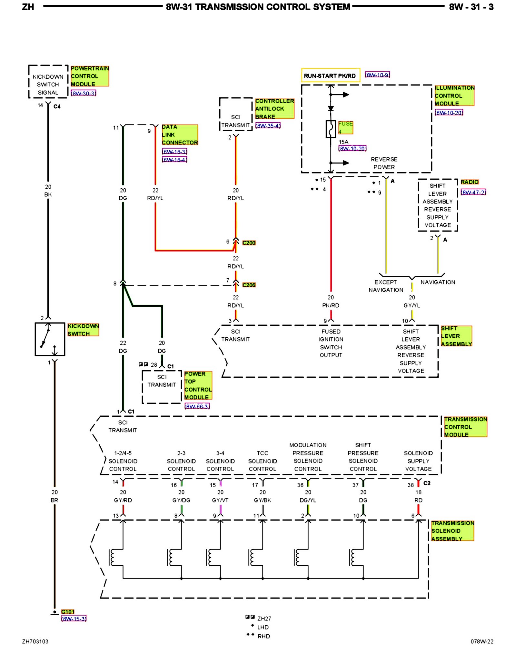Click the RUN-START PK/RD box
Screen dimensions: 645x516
point(330,75)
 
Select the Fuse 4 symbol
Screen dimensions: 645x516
point(331,129)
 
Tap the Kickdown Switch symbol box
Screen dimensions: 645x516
point(50,339)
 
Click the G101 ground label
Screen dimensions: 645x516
point(68,612)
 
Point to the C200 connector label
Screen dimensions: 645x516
point(249,243)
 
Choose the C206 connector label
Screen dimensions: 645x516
point(249,285)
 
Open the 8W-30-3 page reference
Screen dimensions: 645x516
point(84,93)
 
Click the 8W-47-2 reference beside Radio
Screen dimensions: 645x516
point(473,192)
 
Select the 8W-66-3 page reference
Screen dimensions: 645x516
point(197,406)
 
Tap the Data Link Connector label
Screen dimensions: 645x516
point(180,135)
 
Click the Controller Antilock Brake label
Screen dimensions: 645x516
point(274,109)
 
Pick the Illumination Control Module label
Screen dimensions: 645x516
point(454,95)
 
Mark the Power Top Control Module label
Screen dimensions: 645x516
point(198,385)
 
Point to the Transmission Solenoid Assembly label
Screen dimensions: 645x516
point(452,531)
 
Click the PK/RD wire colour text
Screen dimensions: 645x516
point(331,305)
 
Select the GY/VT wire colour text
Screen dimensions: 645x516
point(220,500)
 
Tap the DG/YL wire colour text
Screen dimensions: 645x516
point(308,500)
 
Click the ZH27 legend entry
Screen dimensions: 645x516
point(264,619)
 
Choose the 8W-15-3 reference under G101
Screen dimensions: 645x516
point(74,619)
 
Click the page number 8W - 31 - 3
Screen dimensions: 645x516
point(471,7)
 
